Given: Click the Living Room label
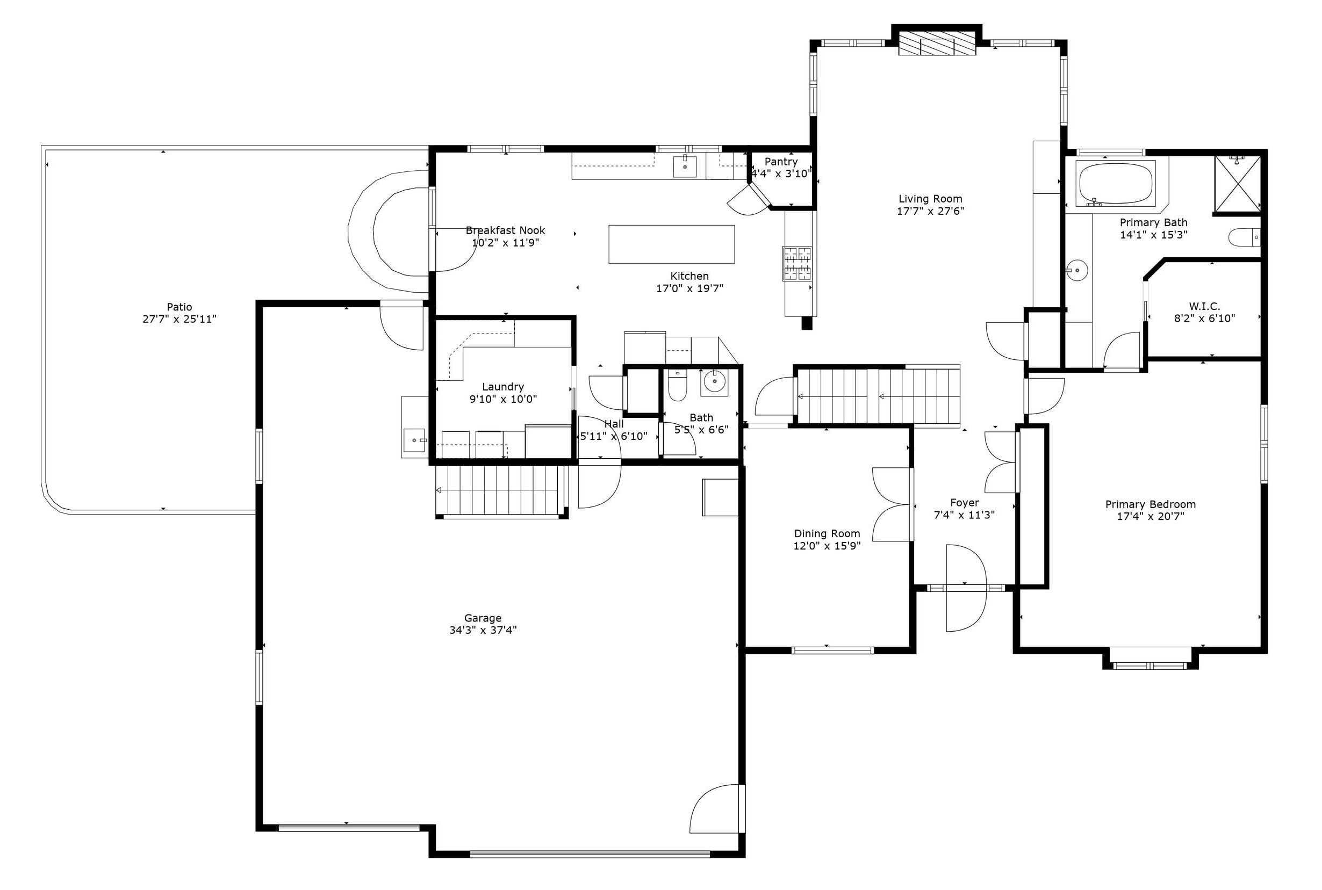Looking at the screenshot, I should [930, 199].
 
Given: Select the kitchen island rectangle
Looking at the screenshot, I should [671, 244].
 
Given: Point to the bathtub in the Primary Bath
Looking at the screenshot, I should [1115, 183].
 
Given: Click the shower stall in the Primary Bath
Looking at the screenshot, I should [1237, 183].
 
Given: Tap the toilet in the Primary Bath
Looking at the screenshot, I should [1244, 237].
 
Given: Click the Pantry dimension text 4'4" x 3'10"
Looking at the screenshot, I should [781, 173].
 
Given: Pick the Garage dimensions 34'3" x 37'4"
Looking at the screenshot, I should [483, 630].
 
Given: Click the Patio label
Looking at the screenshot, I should [179, 307].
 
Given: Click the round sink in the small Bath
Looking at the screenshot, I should [714, 382].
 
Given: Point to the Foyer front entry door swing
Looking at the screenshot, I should [965, 588].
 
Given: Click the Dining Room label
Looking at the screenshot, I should [827, 533].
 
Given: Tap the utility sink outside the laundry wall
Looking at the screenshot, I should [414, 439].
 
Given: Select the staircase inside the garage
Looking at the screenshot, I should [502, 490].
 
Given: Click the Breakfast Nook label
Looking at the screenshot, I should [505, 230].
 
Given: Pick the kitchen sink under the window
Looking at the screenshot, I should [685, 167].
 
